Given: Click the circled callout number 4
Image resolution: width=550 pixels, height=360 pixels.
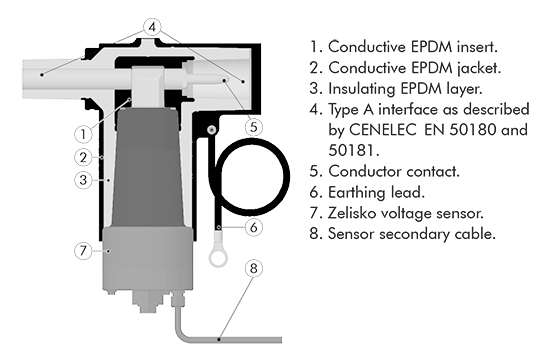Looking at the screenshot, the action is (x=152, y=27).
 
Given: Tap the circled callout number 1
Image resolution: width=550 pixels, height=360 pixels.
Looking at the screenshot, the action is (x=83, y=134).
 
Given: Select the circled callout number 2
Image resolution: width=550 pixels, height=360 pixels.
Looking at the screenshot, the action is (x=83, y=157).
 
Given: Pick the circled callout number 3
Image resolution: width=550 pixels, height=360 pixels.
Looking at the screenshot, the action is (x=83, y=180).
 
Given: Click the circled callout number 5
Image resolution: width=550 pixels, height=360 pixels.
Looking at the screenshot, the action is (x=254, y=127).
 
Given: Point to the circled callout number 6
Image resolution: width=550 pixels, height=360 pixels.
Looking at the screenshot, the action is (x=254, y=227).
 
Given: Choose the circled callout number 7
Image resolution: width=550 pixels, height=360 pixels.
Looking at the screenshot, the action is (x=83, y=251).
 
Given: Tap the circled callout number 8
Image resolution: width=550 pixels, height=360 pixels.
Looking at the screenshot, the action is (x=254, y=268).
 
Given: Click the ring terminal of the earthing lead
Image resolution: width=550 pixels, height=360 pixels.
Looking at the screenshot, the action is (x=218, y=257).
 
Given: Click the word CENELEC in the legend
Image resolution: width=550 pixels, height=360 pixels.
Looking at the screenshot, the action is (x=383, y=130).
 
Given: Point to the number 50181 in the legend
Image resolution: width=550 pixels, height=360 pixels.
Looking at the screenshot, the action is (x=354, y=151).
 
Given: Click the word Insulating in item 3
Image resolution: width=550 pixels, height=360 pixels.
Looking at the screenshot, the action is (x=361, y=89).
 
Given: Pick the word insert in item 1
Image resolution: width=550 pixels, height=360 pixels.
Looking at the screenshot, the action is (x=477, y=47).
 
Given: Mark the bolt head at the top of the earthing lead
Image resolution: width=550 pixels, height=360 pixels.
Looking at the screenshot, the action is (x=212, y=130).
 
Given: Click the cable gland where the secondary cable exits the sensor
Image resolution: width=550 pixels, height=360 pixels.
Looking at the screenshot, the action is (x=177, y=299).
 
